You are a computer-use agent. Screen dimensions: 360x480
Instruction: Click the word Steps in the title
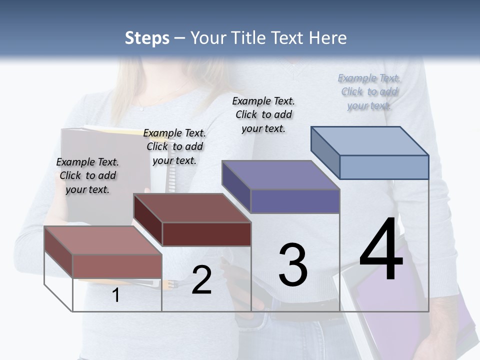click(146, 38)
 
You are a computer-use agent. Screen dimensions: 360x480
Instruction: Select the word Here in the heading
click(328, 38)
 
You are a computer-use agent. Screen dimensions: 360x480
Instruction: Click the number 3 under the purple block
click(292, 265)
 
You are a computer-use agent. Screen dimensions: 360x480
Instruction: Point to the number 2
click(201, 280)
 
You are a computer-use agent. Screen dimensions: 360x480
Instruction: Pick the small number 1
click(116, 295)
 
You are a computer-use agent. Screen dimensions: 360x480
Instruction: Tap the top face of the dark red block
click(192, 207)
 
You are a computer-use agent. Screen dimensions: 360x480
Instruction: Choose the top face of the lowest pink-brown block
click(103, 240)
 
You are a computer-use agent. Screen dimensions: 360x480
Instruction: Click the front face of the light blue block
click(384, 167)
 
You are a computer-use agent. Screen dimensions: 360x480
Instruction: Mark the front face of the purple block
click(295, 201)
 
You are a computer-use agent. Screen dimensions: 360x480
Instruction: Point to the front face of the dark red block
click(206, 234)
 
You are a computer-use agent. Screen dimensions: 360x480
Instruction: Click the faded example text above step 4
click(369, 92)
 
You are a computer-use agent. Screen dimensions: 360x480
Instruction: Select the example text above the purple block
click(263, 114)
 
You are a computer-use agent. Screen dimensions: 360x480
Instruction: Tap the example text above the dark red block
click(174, 146)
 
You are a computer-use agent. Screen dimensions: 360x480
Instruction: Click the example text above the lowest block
click(87, 175)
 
